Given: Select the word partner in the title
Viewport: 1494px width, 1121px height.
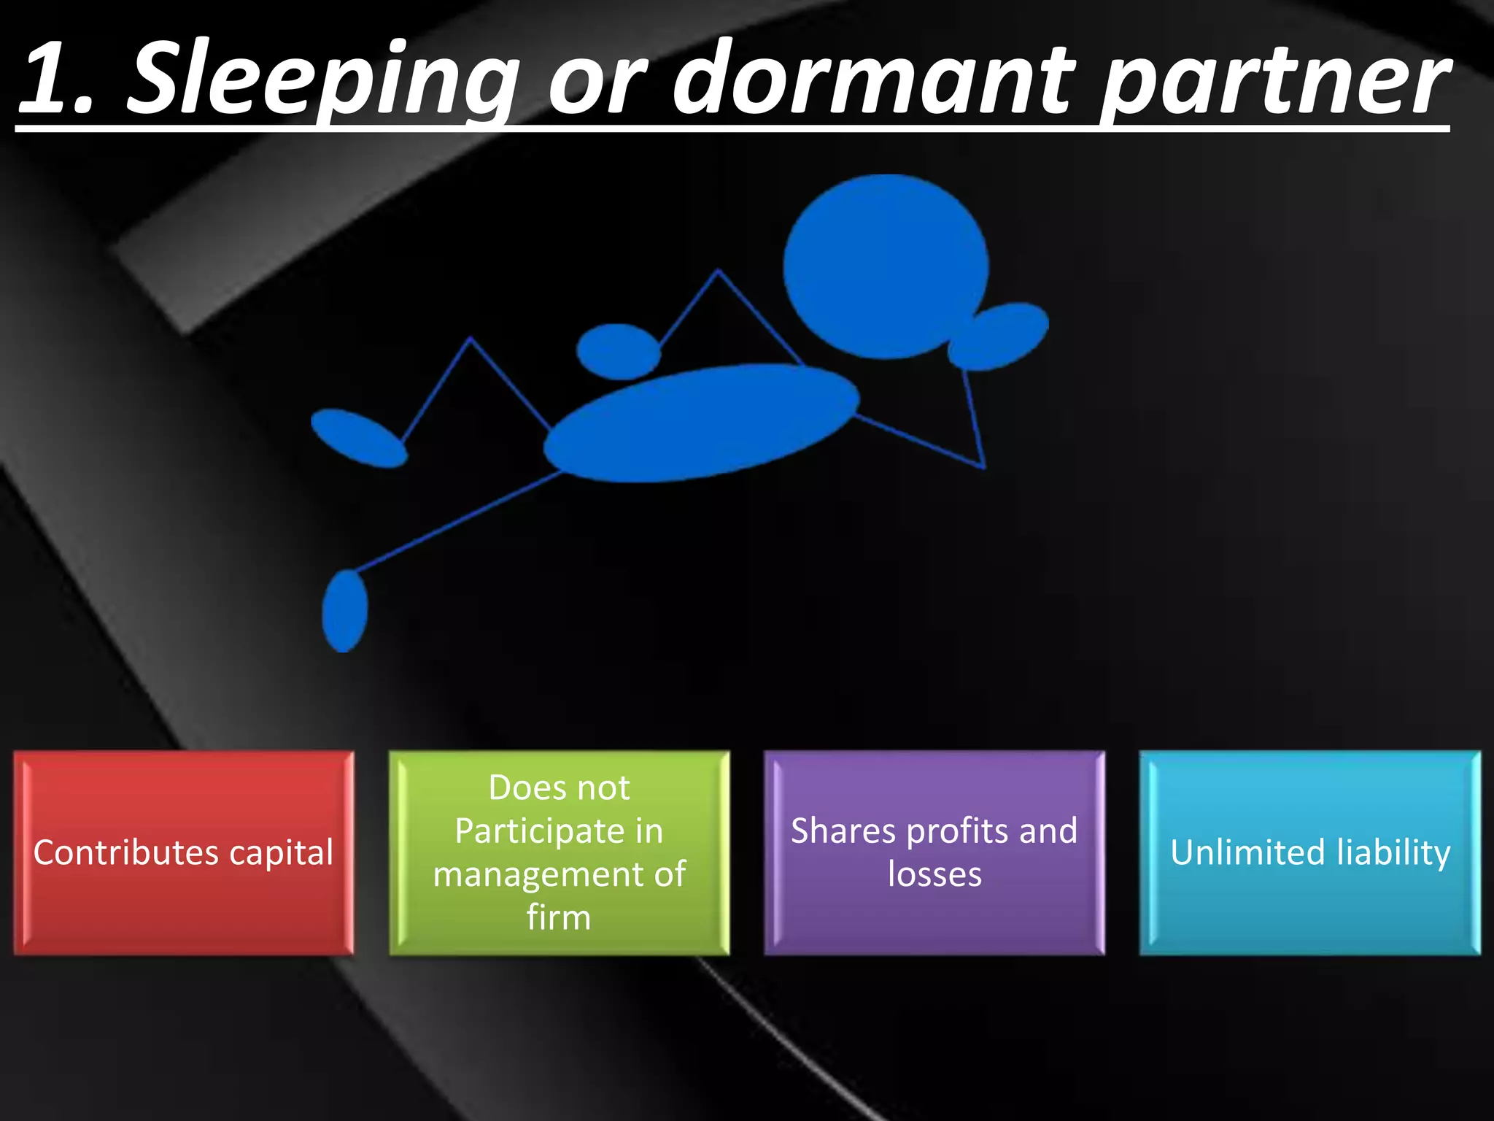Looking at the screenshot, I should tap(1274, 80).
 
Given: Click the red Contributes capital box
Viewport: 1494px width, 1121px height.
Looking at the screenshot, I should tap(184, 852).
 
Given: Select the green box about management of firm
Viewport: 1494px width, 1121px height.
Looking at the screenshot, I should tap(559, 852).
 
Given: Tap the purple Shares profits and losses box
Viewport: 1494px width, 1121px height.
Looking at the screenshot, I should tap(934, 852).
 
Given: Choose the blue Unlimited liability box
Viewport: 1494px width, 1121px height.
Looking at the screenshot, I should tap(1310, 852).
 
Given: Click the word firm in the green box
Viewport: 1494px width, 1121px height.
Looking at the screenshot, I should tap(559, 917).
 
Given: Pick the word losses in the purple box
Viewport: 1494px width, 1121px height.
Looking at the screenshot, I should tap(934, 874).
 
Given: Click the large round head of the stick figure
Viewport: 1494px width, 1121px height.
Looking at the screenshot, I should tap(886, 266).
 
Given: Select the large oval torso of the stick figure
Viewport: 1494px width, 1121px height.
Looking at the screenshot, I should tap(700, 423).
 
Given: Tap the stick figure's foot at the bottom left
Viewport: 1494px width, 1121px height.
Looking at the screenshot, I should tap(344, 610).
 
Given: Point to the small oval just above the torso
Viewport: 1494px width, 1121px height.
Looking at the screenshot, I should tap(619, 351).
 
